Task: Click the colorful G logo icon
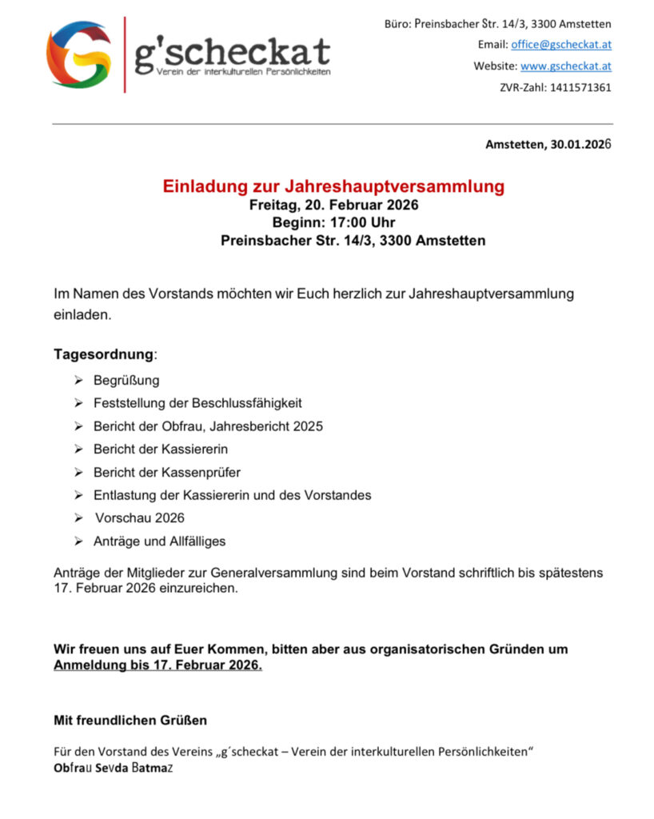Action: [78, 54]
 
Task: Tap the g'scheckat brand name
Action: [232, 52]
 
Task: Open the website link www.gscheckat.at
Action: [566, 66]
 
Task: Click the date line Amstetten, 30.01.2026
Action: [548, 144]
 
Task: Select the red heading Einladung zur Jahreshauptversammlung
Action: [333, 187]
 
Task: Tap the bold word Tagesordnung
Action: [103, 354]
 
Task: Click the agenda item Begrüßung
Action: [126, 380]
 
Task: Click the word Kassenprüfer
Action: [203, 472]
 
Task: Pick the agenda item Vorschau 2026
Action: [140, 517]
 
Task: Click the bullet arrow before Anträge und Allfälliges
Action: [78, 541]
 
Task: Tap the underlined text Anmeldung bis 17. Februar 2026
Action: [158, 665]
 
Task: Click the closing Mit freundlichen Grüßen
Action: [130, 720]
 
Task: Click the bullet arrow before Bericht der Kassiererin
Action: [78, 449]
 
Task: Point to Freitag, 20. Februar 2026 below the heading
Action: [333, 206]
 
